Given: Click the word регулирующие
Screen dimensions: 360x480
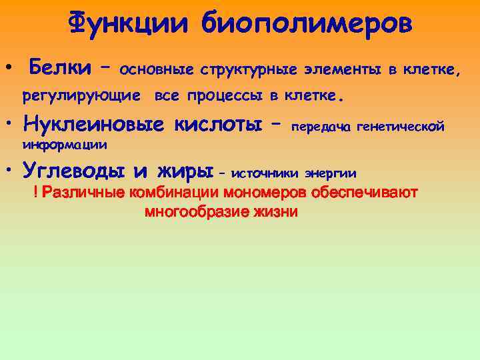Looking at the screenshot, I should [x=81, y=96].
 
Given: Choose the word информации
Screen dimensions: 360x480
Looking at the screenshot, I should [x=65, y=144].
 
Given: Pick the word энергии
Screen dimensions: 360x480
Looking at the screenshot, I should [x=331, y=174].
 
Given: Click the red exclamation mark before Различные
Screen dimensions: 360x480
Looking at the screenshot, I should [x=35, y=193].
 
